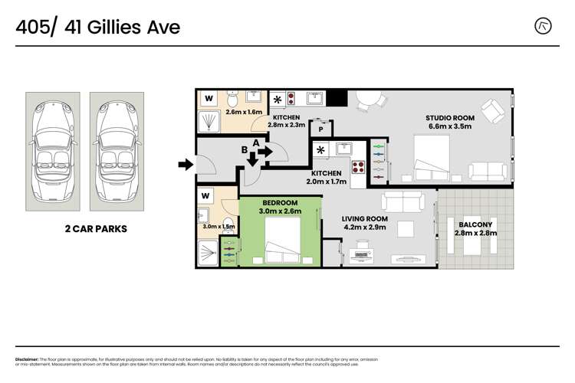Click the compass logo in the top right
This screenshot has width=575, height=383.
point(544,27)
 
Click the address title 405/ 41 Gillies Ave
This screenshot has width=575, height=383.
point(98,28)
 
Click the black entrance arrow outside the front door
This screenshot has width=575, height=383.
point(185,163)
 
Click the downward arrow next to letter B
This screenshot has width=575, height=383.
point(253,160)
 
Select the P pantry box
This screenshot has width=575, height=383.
point(320,129)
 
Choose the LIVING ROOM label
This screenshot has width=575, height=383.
point(364,218)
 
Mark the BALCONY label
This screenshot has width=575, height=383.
point(476,224)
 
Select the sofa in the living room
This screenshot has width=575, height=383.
point(403,201)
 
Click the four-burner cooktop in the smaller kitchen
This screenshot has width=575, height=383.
point(356,167)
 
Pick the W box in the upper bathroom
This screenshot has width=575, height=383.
point(209,99)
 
